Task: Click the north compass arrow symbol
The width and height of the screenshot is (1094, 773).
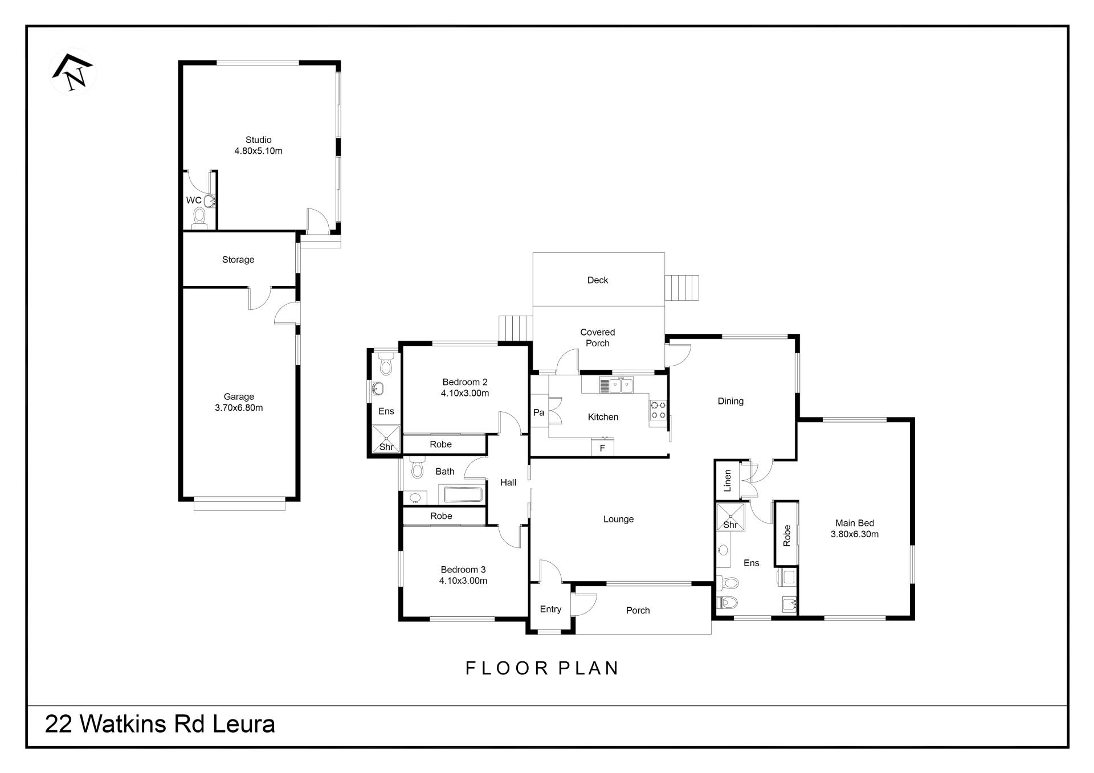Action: [x=73, y=72]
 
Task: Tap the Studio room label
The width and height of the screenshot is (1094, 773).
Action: [x=258, y=140]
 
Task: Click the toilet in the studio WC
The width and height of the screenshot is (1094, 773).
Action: [x=199, y=218]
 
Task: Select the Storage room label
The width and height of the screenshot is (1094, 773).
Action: [x=238, y=260]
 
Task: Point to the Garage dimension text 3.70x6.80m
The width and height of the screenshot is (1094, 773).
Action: [x=239, y=408]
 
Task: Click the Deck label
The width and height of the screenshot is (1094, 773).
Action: [x=598, y=280]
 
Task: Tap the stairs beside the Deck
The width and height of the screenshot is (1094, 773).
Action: [x=681, y=288]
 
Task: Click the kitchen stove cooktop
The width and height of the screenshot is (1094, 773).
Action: [x=658, y=410]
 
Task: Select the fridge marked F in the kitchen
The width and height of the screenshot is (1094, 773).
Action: [x=602, y=447]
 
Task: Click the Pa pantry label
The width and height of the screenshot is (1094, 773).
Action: [x=538, y=412]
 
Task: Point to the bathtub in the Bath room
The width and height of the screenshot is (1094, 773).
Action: [x=463, y=494]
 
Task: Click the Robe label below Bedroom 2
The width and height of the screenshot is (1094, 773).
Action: [x=440, y=444]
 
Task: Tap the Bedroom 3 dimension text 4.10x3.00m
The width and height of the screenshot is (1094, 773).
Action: [x=463, y=581]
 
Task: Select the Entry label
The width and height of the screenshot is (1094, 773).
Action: [x=550, y=610]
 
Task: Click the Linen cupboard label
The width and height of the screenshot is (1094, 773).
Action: [x=727, y=481]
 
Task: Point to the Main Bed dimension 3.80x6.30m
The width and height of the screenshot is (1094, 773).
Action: [x=855, y=534]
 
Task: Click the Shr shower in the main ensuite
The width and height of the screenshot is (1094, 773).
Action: [x=730, y=517]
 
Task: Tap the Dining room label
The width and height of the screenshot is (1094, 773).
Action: [x=730, y=401]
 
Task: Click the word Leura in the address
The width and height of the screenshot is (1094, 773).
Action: [x=244, y=725]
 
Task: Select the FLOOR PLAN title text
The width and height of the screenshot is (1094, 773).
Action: [x=542, y=668]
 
